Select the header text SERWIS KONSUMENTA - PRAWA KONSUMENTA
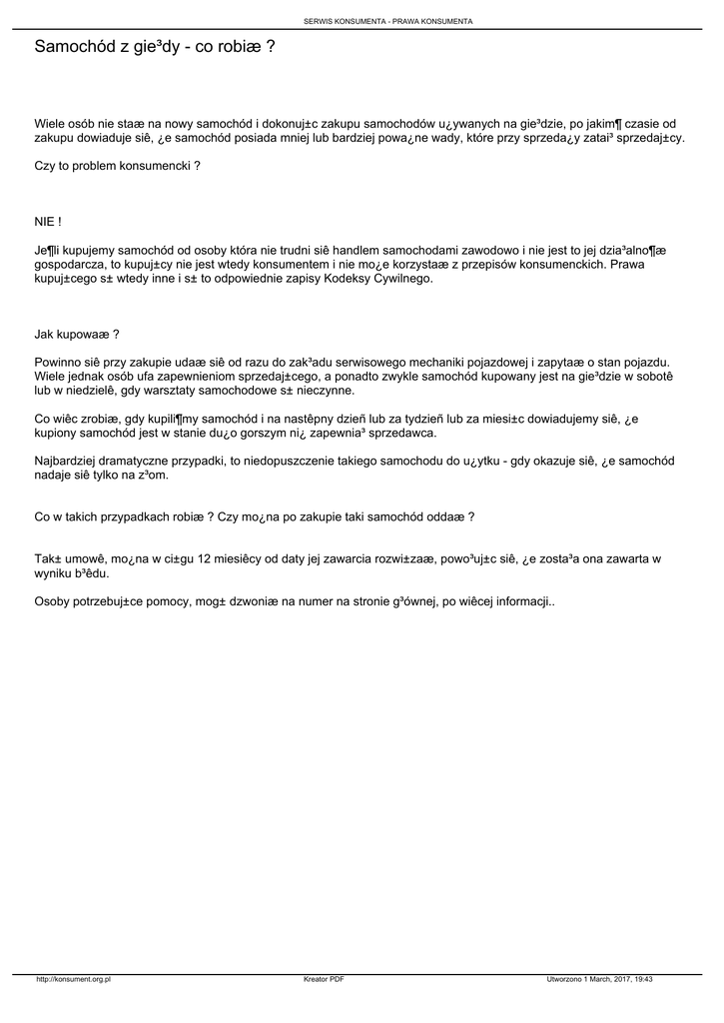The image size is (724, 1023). pyautogui.click(x=388, y=21)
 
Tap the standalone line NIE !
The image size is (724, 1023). pyautogui.click(x=48, y=221)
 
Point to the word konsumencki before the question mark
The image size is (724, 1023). pyautogui.click(x=153, y=166)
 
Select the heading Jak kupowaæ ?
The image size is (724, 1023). pyautogui.click(x=77, y=335)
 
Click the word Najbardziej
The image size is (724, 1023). pyautogui.click(x=66, y=461)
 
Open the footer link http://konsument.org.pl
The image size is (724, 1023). pyautogui.click(x=73, y=980)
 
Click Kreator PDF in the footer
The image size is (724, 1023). pyautogui.click(x=324, y=980)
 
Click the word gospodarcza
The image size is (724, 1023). pyautogui.click(x=73, y=264)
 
